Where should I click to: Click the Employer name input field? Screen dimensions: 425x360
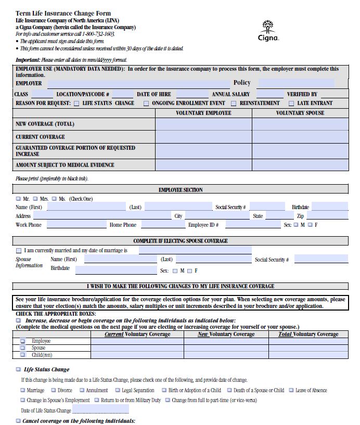(138, 83)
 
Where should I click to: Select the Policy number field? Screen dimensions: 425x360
(296, 83)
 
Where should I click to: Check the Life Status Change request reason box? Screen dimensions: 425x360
(77, 103)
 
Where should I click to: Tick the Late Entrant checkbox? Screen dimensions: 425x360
(291, 103)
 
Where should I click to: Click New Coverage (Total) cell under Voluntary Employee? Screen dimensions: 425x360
(203, 124)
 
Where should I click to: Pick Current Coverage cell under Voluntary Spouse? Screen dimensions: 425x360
(300, 137)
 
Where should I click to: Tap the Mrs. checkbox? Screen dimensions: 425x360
(35, 199)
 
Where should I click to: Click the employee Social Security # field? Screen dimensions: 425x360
(267, 207)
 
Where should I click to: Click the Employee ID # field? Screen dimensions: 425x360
(253, 225)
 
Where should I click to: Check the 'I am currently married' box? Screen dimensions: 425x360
(19, 251)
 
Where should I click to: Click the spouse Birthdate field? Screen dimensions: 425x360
(115, 269)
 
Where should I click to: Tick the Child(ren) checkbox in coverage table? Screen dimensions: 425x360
(22, 355)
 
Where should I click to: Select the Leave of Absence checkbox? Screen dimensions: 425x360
(291, 390)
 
